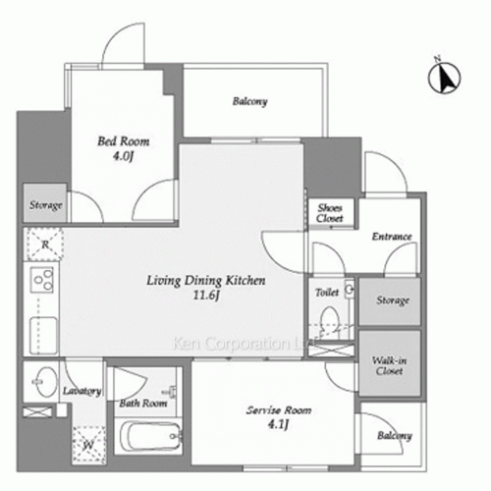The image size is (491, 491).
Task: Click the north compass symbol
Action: pos(444,78)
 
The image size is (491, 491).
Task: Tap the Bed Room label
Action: pos(124,141)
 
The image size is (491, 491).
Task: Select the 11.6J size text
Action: pos(206,295)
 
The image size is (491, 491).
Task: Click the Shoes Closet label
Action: pos(330,213)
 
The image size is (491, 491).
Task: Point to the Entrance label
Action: pos(392,237)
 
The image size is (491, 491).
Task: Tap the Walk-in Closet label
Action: pos(389,365)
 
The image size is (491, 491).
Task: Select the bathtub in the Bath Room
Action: pos(150,436)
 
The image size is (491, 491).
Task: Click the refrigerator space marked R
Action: pos(45,245)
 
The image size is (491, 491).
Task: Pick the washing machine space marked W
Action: pos(88,445)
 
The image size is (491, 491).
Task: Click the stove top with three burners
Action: pos(42,280)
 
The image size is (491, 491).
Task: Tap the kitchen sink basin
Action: pos(43,336)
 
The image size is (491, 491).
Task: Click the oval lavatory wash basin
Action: pos(45,382)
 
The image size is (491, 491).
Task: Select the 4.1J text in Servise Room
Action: pos(278,424)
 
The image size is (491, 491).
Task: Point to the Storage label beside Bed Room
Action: pos(46,205)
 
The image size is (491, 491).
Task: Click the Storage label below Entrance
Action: pos(393,300)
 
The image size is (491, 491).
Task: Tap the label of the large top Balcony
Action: pos(250,101)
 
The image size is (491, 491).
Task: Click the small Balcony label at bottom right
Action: pos(395,436)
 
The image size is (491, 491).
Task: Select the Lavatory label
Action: pos(82,391)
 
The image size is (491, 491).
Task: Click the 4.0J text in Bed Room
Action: pos(124,156)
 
